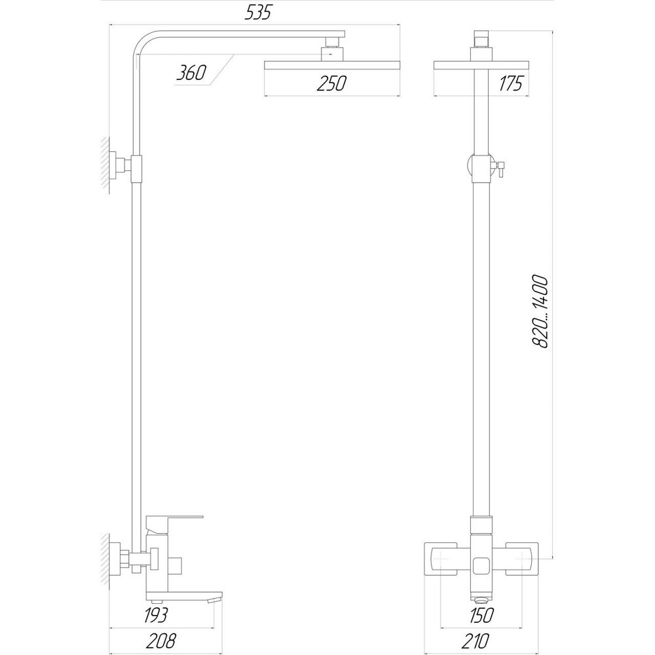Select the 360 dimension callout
tap(191, 73)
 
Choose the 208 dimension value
tap(161, 641)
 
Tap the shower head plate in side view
tap(331, 64)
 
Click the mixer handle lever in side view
tap(174, 519)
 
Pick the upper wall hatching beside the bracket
tap(105, 164)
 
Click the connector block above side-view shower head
tap(331, 51)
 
